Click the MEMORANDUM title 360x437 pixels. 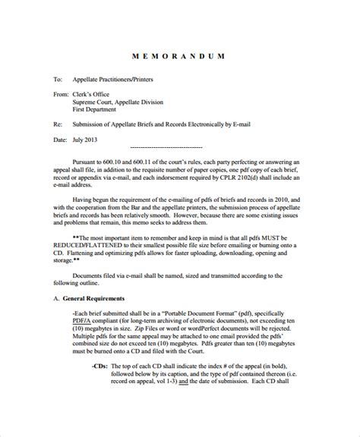tap(181, 57)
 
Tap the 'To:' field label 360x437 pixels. tap(57, 78)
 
